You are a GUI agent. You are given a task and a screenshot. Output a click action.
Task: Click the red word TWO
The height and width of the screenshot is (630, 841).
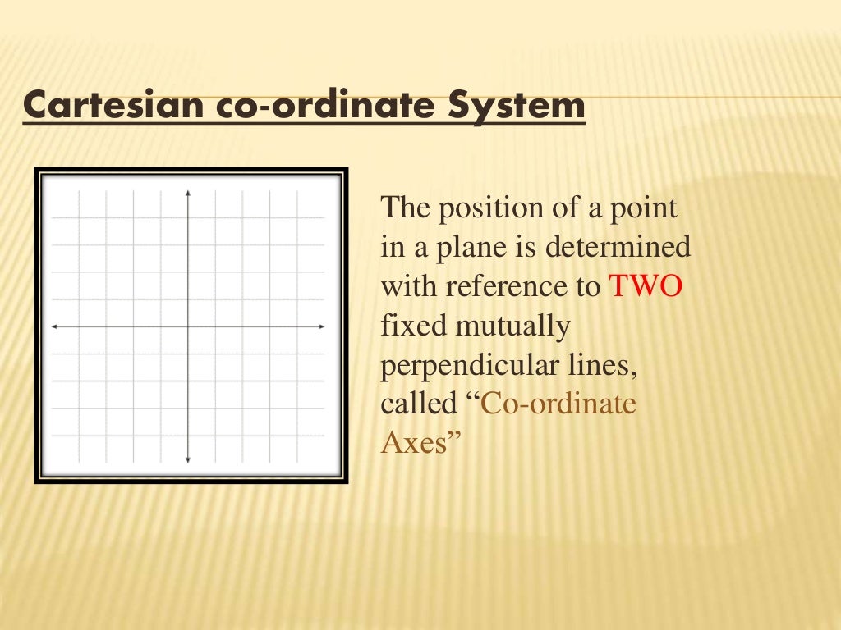click(x=646, y=287)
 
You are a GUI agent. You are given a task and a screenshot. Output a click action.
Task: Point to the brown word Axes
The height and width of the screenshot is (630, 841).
click(x=414, y=444)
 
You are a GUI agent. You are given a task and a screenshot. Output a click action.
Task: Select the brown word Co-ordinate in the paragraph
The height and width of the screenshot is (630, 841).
click(x=558, y=404)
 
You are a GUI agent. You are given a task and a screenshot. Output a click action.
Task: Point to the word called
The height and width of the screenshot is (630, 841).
click(x=417, y=404)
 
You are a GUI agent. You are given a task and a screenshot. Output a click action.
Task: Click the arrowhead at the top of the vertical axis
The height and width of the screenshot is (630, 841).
click(x=188, y=193)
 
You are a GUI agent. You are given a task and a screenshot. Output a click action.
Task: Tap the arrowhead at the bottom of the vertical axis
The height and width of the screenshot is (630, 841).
click(x=188, y=459)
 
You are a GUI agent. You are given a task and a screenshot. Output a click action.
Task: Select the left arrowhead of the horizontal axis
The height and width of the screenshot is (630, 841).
click(x=54, y=326)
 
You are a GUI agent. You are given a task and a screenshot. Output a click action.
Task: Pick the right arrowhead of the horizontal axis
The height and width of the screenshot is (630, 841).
click(x=322, y=326)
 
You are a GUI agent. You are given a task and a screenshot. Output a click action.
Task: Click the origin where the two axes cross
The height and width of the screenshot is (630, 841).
click(x=188, y=326)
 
